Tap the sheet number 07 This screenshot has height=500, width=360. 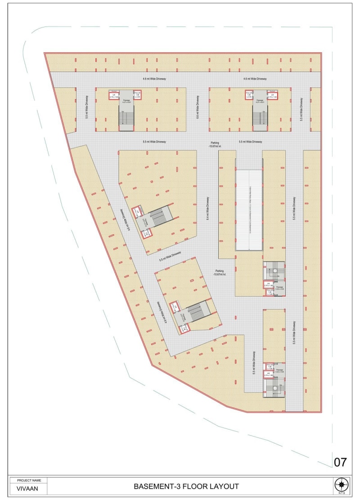(x=341, y=462)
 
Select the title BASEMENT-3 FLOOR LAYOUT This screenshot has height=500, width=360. (x=186, y=486)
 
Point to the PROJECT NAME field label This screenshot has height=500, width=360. (x=28, y=480)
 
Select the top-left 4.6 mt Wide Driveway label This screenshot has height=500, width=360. (x=154, y=79)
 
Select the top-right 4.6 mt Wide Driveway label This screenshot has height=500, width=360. (x=255, y=79)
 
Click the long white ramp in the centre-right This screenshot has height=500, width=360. (x=249, y=209)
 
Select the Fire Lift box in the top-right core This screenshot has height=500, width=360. (x=249, y=95)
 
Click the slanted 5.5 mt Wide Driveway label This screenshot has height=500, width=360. (x=170, y=257)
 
